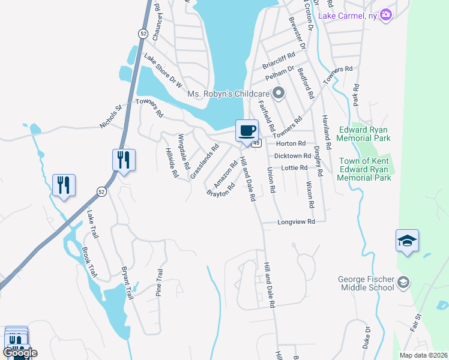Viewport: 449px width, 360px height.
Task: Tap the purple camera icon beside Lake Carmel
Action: (x=386, y=14)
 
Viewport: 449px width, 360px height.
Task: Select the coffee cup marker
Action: (x=247, y=130)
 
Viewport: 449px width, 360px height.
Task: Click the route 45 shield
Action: (x=256, y=143)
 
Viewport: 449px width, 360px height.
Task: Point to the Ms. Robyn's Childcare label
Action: (x=229, y=93)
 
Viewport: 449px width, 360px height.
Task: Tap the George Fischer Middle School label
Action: (x=365, y=283)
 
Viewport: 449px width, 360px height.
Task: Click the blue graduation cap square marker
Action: (x=407, y=241)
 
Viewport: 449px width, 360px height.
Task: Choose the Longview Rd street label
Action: (x=296, y=222)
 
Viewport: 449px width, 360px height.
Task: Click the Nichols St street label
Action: (x=111, y=118)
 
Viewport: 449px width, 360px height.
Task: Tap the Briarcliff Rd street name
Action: (x=279, y=56)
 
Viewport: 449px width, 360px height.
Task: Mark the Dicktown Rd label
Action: (x=290, y=155)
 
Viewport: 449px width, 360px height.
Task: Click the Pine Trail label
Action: (x=160, y=282)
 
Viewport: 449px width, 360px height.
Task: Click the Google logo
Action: (x=20, y=353)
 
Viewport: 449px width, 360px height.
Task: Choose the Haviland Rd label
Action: (x=326, y=132)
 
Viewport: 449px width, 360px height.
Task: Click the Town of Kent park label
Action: (x=365, y=169)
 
